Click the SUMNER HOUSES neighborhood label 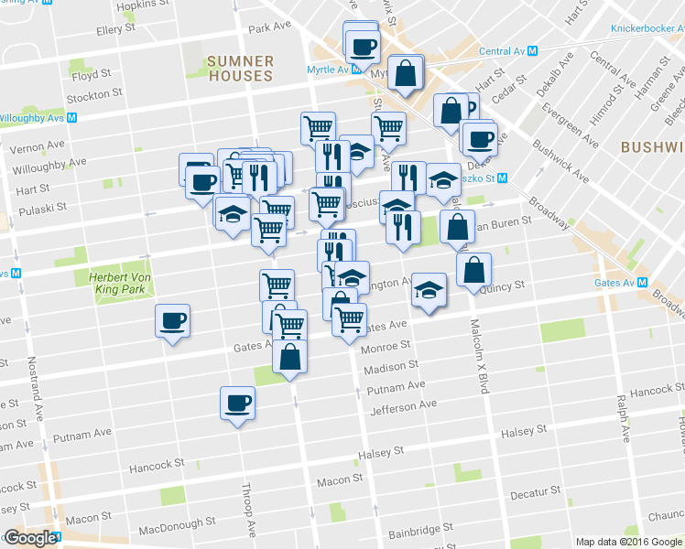pos(240,69)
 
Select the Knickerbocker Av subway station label pos(647,28)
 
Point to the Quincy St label pos(502,285)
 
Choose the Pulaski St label pos(36,208)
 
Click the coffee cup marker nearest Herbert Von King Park pos(172,322)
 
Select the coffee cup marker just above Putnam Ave pos(237,403)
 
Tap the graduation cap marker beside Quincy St pos(429,290)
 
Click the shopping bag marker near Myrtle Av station pos(405,73)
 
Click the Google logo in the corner pos(29,538)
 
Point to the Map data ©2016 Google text pos(629,542)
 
